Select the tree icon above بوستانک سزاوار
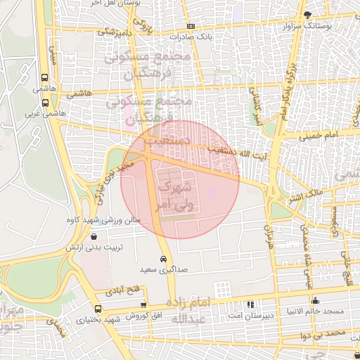[x=306, y=15]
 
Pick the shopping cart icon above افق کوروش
[x=143, y=305]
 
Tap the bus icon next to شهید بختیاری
[x=97, y=309]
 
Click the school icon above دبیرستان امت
[x=250, y=304]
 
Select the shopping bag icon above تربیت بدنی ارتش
[x=94, y=237]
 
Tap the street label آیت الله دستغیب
[x=229, y=150]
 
